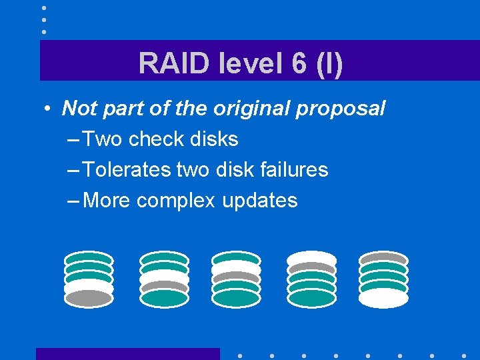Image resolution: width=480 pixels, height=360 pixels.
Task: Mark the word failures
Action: pyautogui.click(x=294, y=169)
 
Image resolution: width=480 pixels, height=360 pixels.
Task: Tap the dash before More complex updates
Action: pyautogui.click(x=74, y=200)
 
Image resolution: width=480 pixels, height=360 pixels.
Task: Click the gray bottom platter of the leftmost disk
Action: pyautogui.click(x=89, y=298)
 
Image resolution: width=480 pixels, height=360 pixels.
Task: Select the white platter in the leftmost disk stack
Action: pyautogui.click(x=89, y=287)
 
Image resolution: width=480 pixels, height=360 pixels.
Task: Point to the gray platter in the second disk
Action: pyautogui.click(x=164, y=287)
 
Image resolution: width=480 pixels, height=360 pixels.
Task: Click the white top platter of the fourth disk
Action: pyautogui.click(x=311, y=258)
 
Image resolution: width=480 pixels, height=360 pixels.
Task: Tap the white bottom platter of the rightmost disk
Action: pyautogui.click(x=383, y=298)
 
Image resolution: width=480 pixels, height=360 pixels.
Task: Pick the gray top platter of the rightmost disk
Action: pyautogui.click(x=383, y=258)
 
